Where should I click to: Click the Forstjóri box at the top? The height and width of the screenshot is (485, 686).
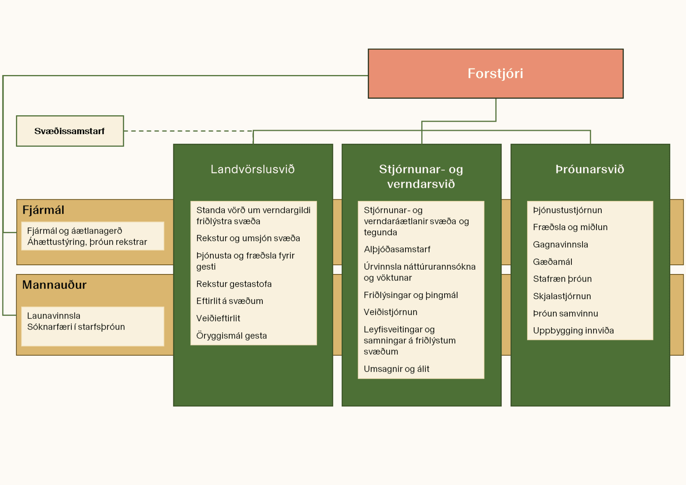[495, 74]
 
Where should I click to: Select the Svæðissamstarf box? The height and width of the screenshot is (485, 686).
[70, 131]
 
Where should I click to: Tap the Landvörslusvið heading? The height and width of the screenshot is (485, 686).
[252, 169]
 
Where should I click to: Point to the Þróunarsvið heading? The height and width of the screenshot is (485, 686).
[590, 169]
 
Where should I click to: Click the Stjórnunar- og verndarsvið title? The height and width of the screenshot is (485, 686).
[421, 177]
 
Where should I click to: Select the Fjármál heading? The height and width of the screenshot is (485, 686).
[43, 210]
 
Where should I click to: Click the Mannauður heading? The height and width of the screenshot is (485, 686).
[54, 285]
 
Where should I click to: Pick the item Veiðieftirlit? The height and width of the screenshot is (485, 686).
[218, 318]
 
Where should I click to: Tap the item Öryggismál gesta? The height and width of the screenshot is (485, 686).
[232, 335]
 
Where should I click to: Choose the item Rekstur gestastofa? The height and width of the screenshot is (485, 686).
[234, 284]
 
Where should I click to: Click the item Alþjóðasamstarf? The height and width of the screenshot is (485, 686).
[397, 249]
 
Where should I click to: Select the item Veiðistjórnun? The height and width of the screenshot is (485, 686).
[390, 312]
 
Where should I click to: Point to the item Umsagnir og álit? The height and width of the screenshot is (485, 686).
[397, 369]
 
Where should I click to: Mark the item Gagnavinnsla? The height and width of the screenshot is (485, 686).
[560, 245]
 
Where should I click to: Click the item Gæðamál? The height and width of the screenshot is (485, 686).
[553, 262]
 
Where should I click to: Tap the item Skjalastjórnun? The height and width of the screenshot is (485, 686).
[562, 296]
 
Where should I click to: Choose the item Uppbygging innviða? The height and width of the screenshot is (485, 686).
[573, 331]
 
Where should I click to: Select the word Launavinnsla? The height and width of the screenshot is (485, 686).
[54, 316]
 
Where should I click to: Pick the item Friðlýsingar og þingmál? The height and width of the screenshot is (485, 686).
[411, 295]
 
